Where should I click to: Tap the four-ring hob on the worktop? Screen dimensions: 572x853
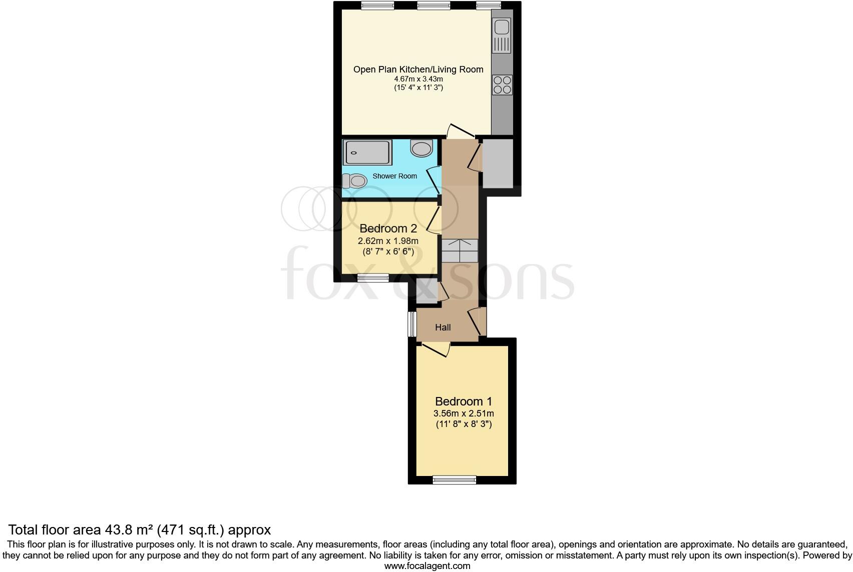coord(502,85)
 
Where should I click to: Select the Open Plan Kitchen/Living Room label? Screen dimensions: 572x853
coord(418,69)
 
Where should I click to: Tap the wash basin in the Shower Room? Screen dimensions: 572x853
coord(421,148)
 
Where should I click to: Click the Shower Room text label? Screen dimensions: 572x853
coord(394,176)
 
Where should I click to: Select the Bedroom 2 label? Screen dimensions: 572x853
coord(388,228)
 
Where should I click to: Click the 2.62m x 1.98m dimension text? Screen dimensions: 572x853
coord(388,241)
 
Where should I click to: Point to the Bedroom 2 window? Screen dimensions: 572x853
coord(373,278)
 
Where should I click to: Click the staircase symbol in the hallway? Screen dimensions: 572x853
coord(460,250)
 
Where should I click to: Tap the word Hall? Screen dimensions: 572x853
coord(443,327)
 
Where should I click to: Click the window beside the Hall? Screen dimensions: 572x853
coord(412,324)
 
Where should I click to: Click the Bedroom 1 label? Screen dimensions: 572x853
coord(463,401)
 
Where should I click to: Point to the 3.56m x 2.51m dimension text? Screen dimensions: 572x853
coord(463,413)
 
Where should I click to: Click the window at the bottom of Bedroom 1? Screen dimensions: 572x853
coord(454,480)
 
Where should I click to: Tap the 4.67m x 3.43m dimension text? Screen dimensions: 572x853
coord(418,79)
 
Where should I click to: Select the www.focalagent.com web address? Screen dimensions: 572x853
coord(427,566)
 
